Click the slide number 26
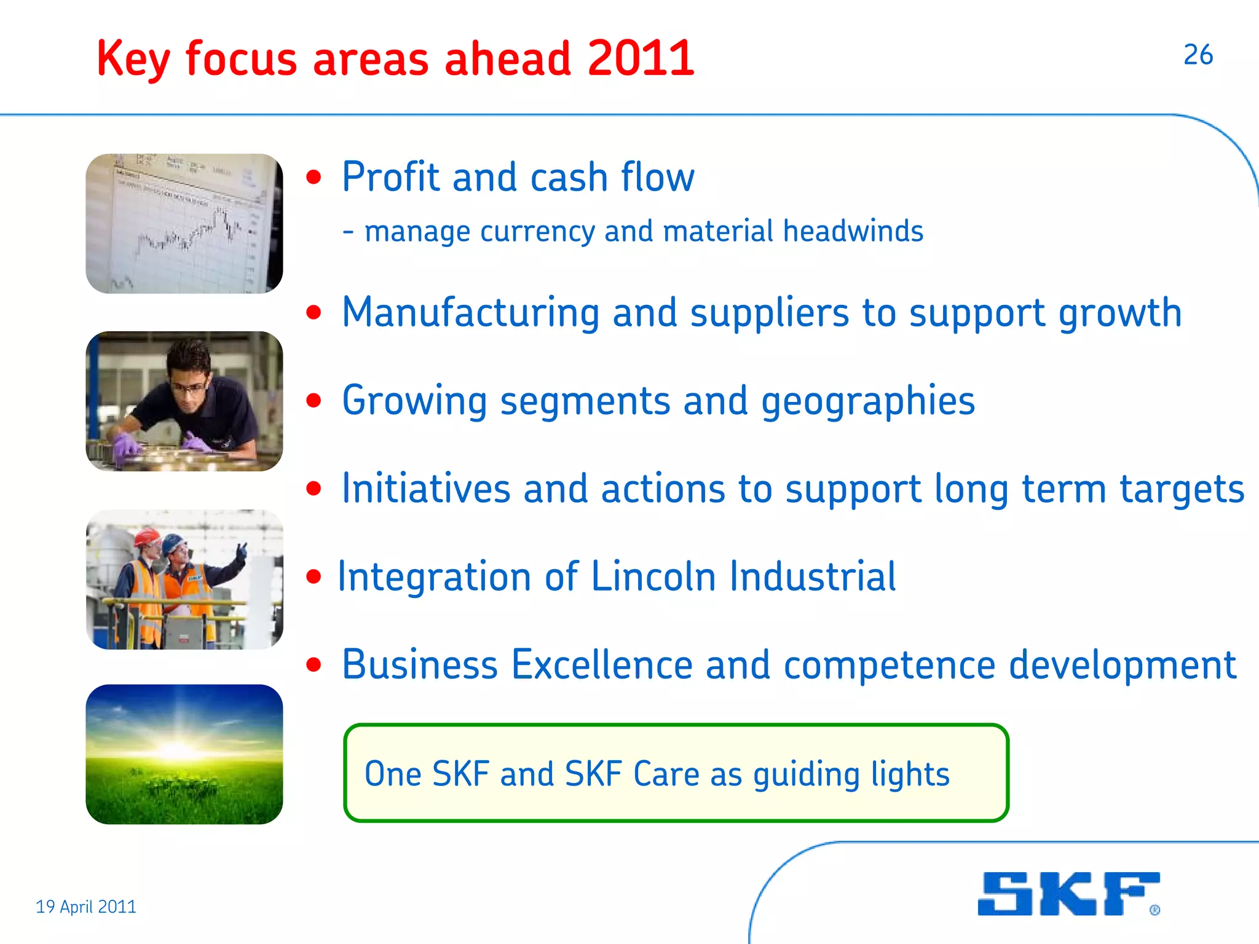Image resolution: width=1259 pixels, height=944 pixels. [1198, 55]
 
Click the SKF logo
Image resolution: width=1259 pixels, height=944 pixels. [1068, 894]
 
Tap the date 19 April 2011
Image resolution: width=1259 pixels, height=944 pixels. [86, 907]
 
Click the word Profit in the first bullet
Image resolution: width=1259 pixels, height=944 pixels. [390, 177]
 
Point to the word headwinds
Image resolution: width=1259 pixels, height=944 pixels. [853, 232]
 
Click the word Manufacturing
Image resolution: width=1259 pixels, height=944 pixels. [470, 313]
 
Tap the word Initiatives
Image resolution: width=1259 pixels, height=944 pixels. [426, 489]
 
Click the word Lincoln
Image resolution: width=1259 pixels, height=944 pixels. [653, 577]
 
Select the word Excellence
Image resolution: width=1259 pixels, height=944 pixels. [602, 665]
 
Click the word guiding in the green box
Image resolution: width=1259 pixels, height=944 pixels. [806, 774]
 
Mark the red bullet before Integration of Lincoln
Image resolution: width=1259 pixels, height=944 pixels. [314, 577]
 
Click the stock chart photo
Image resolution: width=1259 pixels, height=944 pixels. [184, 224]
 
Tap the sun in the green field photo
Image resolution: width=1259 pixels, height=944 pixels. [178, 750]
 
